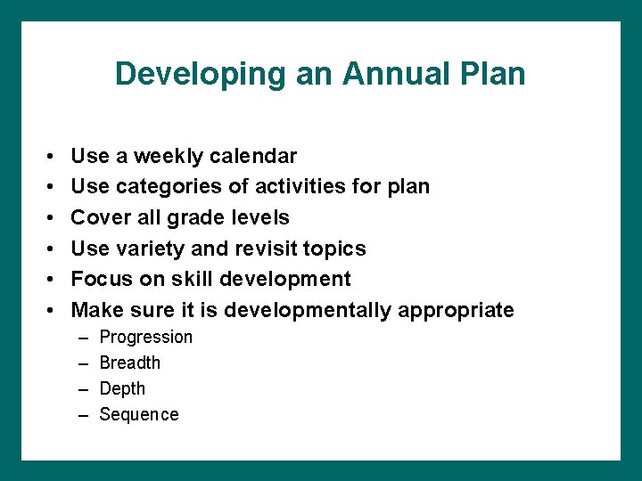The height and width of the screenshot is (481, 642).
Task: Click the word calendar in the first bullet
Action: tap(253, 157)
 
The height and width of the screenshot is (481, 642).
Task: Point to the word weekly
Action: tap(169, 157)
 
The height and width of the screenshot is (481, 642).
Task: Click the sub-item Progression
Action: tap(145, 338)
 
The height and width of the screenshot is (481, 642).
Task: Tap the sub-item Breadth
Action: tap(130, 363)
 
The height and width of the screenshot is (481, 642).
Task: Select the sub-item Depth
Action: tap(122, 389)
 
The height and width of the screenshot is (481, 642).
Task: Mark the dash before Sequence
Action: tap(83, 415)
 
